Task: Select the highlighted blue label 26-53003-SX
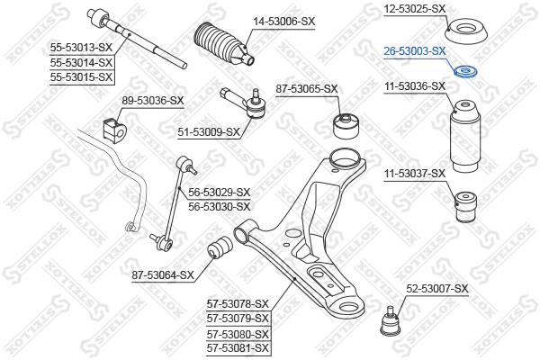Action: coord(415,51)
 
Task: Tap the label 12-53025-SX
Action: coord(415,9)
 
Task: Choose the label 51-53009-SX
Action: coord(209,132)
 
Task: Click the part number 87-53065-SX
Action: coord(306,88)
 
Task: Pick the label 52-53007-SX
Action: coord(437,288)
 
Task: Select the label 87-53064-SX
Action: coord(163,274)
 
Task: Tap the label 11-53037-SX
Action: coord(414,173)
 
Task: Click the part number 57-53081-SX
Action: coord(238,347)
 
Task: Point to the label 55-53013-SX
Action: coord(81,49)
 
